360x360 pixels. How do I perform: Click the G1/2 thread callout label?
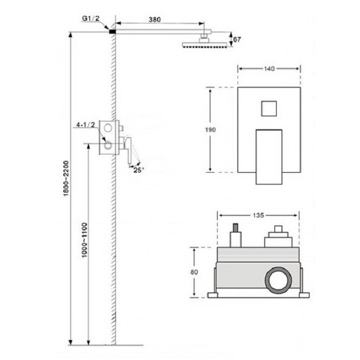coord(91,18)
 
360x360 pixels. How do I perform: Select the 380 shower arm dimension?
coord(154,19)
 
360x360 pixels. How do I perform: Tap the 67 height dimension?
coord(237,40)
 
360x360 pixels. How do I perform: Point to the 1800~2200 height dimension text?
coord(66,179)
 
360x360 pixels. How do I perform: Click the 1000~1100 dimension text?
coord(84,240)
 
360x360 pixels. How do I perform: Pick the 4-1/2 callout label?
coord(86,125)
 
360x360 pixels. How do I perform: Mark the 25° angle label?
coord(139,170)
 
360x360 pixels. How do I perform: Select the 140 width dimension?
coord(269,69)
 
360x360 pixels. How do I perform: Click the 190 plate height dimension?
coord(210,130)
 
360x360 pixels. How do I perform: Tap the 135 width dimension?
coord(258,215)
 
